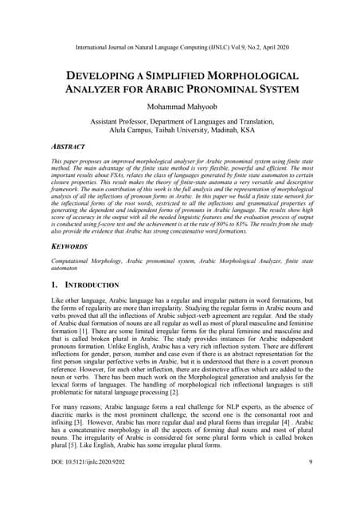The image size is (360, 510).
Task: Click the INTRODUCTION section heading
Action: coord(95,284)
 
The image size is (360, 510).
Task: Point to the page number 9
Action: coord(309,485)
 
